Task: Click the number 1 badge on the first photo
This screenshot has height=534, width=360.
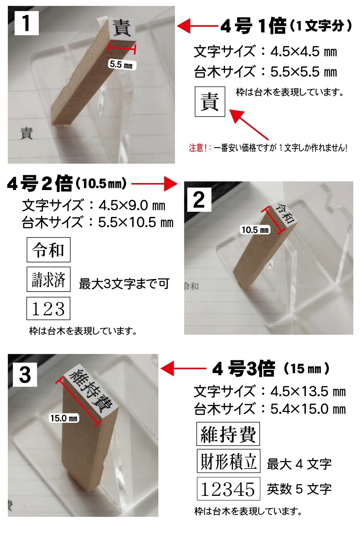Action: click(26, 23)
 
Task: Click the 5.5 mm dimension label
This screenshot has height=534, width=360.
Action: click(121, 64)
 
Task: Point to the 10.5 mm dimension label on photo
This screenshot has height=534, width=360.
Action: click(255, 230)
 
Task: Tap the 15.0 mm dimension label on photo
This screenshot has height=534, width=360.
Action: click(64, 418)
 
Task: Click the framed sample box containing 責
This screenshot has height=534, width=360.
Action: click(210, 101)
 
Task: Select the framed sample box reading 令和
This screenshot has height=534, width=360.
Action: click(48, 250)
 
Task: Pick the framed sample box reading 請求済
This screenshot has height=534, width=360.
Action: click(48, 279)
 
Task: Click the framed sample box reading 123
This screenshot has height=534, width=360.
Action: click(48, 308)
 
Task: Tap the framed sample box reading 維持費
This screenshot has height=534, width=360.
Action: click(228, 434)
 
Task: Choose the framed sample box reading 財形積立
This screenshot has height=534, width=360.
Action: click(228, 461)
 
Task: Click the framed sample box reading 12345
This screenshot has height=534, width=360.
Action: click(228, 489)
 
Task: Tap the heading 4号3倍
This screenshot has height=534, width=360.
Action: click(244, 369)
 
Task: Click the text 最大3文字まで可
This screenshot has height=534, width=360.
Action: click(124, 284)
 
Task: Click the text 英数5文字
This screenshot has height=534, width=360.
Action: click(299, 489)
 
